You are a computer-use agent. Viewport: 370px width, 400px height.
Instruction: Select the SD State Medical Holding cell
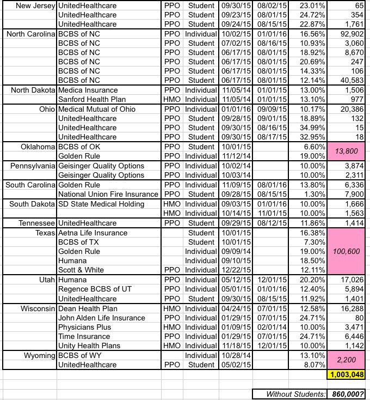[x=101, y=204]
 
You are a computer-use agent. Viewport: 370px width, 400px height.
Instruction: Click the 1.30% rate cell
[x=305, y=194]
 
